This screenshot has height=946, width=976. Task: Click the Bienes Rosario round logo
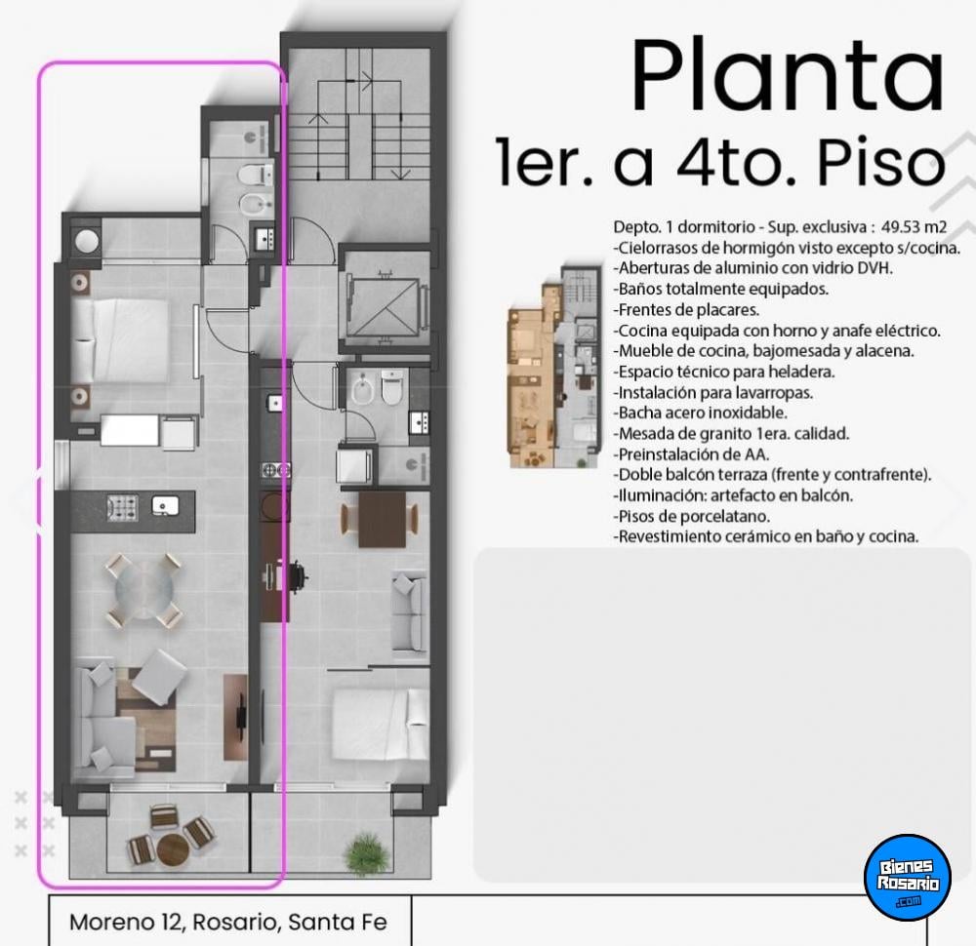click(x=908, y=877)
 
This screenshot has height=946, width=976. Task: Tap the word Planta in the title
click(x=788, y=75)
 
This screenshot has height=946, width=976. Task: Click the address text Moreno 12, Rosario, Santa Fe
click(x=227, y=922)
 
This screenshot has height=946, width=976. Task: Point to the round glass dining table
click(x=143, y=588)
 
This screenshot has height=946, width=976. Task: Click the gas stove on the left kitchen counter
click(x=122, y=507)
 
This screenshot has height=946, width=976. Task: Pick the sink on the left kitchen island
click(x=166, y=505)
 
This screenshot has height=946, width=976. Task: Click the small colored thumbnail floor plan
click(x=554, y=367)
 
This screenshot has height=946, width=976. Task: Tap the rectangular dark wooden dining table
click(x=383, y=519)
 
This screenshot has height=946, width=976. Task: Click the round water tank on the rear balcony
click(x=86, y=240)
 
